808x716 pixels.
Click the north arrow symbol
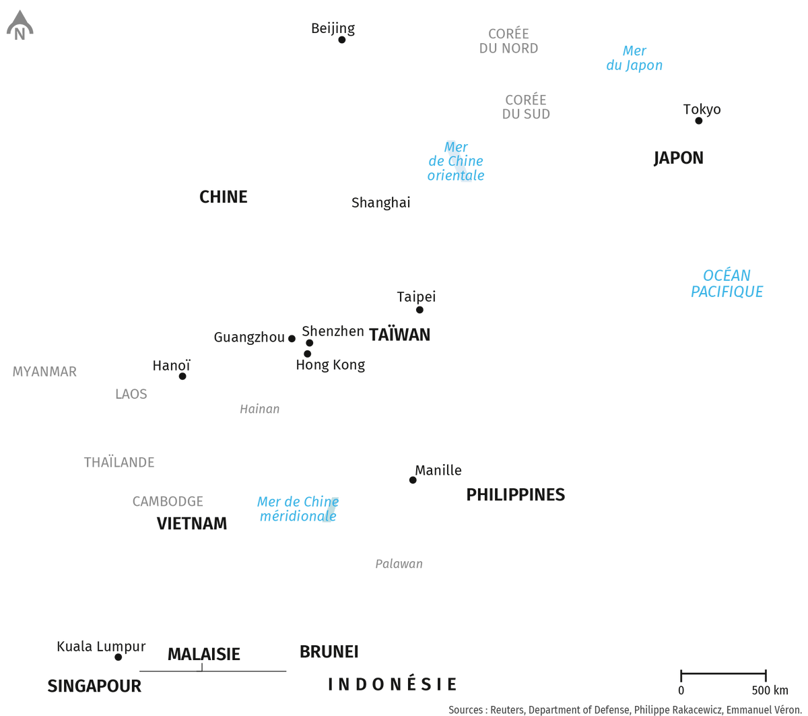pos(20,25)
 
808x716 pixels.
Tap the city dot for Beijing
pos(342,40)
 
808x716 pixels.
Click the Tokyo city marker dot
pos(698,121)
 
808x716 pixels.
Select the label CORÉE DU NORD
pos(508,40)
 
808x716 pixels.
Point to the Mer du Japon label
pos(634,58)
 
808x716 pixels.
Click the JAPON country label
pos(679,158)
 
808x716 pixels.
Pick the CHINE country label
pos(224,197)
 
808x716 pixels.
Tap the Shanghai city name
pos(380,203)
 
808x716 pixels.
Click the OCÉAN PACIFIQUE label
pos(727,284)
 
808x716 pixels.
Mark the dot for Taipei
pos(419,310)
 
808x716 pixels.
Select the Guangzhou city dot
pos(292,338)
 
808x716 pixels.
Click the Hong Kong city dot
pos(307,354)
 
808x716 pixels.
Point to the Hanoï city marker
pos(182,376)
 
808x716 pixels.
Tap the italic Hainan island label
pos(260,409)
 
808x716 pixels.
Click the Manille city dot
pos(413,480)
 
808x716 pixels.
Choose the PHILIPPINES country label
pos(515,494)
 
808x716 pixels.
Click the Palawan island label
pos(399,564)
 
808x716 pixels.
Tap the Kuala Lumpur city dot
pos(118,657)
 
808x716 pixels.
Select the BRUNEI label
pos(329,652)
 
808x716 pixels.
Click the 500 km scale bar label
pos(770,690)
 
